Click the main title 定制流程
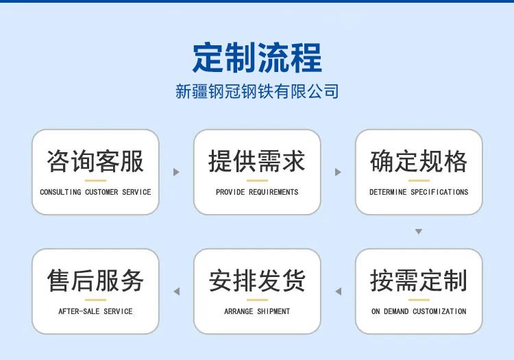coord(257,58)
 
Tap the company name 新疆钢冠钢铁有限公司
coord(257,91)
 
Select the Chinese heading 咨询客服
coord(95,161)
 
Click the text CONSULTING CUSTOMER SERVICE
coord(95,192)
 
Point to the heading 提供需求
coord(257,161)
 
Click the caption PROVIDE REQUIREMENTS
coord(257,192)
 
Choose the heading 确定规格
coord(419,161)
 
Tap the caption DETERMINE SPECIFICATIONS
coord(419,192)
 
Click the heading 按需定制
coord(419,280)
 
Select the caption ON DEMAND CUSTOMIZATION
coord(419,311)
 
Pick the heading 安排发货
coord(257,280)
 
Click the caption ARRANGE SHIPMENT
coord(257,311)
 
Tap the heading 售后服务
coord(95,280)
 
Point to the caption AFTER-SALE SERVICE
coord(95,311)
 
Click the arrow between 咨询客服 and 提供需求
coord(176,172)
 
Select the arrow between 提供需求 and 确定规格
coord(338,172)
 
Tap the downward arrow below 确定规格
coord(419,232)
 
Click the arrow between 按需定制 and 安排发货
coord(339,291)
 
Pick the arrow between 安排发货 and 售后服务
coord(177,291)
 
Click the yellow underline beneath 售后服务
coord(95,300)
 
